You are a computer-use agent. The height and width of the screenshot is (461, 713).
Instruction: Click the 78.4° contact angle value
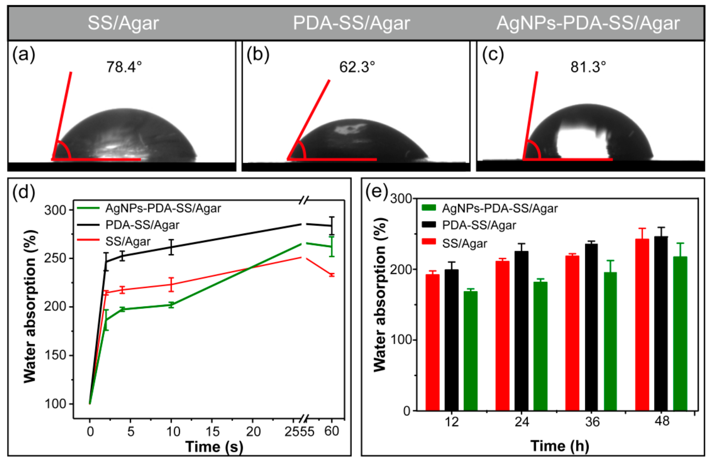coord(124,67)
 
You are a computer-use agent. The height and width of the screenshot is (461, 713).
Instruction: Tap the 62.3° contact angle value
coord(357,67)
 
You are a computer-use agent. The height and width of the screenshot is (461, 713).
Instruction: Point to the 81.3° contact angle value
coord(588,67)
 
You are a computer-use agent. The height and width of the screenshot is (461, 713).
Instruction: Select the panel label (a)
coord(24,55)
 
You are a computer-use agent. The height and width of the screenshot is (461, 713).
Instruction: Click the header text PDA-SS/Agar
coord(351,23)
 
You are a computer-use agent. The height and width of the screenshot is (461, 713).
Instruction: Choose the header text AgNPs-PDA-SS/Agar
coord(588,23)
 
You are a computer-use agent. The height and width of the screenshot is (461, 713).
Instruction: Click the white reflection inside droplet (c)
coord(582,140)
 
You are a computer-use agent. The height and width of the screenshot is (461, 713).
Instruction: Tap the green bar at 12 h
coord(470,351)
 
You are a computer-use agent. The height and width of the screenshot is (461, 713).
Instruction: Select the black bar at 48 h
coord(661,323)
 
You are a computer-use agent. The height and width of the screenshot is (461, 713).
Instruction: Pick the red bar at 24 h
coord(502,336)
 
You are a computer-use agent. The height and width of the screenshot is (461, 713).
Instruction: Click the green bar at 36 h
coord(610,341)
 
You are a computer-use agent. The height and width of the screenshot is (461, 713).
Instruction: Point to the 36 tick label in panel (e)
coord(592,422)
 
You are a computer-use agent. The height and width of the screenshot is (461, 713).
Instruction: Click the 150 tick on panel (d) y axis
coord(55,355)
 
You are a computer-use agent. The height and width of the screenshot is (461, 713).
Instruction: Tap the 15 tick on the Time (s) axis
coord(212,431)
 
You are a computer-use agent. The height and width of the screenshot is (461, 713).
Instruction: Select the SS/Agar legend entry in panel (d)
coord(114,241)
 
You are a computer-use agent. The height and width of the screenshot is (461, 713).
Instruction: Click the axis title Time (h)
coord(560,446)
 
